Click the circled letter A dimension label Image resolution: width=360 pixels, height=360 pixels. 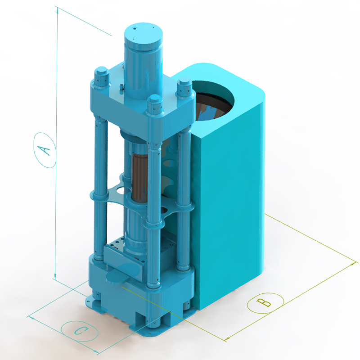click(x=45, y=150)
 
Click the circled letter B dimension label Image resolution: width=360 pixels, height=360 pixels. click(x=265, y=303)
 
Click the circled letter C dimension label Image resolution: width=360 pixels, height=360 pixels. click(x=80, y=331)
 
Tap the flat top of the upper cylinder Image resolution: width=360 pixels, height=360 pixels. click(x=144, y=33)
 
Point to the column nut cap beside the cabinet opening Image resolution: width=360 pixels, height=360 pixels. click(x=184, y=87)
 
